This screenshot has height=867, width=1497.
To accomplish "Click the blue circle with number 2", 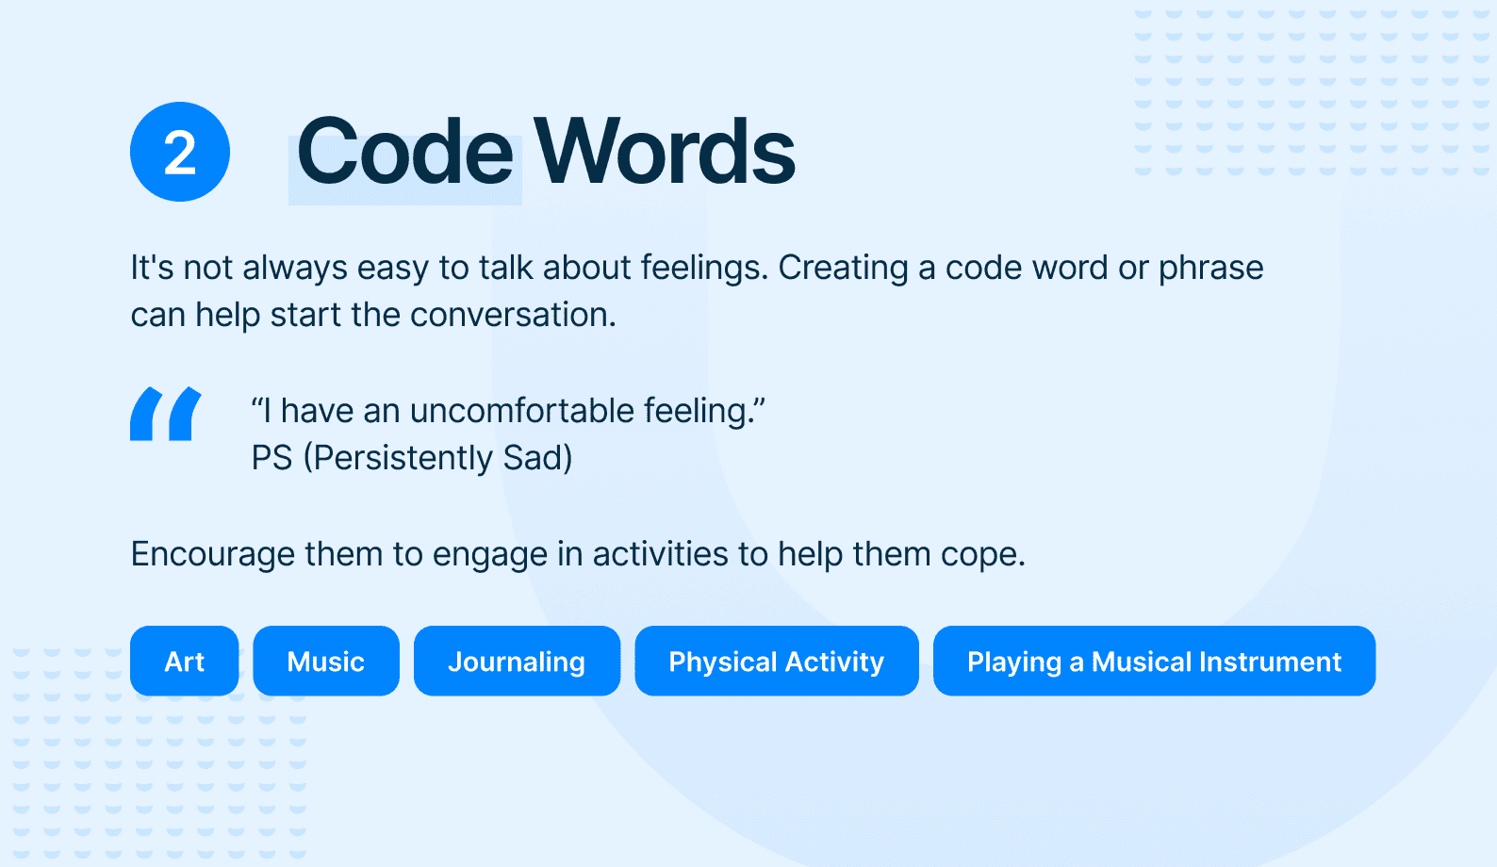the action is pyautogui.click(x=180, y=152).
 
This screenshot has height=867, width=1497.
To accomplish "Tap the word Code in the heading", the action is pyautogui.click(x=405, y=152).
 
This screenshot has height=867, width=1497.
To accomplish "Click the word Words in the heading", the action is pyautogui.click(x=665, y=152).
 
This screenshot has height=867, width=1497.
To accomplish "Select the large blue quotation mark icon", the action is pyautogui.click(x=166, y=414).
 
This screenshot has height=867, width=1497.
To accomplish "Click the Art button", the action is pyautogui.click(x=185, y=662).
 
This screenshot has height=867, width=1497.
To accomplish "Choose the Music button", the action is pyautogui.click(x=326, y=662).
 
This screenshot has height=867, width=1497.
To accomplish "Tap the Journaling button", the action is pyautogui.click(x=517, y=662).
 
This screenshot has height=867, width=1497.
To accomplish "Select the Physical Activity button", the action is pyautogui.click(x=777, y=662).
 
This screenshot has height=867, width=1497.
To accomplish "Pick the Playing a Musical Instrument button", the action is pyautogui.click(x=1154, y=662).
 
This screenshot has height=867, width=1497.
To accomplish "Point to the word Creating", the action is pyautogui.click(x=844, y=269).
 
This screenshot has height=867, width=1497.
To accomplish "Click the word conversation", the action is pyautogui.click(x=513, y=316).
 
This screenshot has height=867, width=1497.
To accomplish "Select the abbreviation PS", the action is pyautogui.click(x=272, y=458).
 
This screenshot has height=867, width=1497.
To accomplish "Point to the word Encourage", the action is pyautogui.click(x=212, y=555).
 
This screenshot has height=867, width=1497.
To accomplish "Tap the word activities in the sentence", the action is pyautogui.click(x=660, y=554).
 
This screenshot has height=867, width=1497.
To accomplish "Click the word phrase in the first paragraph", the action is pyautogui.click(x=1211, y=269).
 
